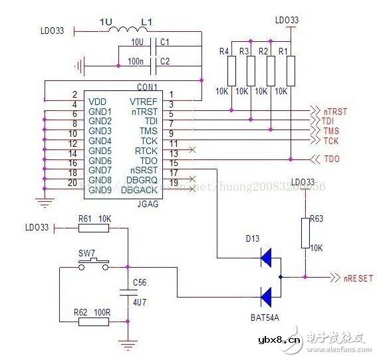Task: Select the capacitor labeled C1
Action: point(155,46)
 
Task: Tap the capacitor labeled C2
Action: point(155,65)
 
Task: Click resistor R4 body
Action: point(231,70)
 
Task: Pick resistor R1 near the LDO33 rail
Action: point(291,70)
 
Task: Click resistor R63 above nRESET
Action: point(305,232)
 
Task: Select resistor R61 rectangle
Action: point(93,228)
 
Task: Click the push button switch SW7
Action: point(93,266)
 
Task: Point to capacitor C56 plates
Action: point(126,291)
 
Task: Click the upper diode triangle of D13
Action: point(268,256)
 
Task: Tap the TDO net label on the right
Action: point(330,160)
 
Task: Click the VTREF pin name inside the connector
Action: point(144,101)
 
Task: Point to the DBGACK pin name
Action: point(140,191)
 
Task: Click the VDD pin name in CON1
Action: point(98,101)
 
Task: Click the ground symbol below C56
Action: point(126,344)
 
